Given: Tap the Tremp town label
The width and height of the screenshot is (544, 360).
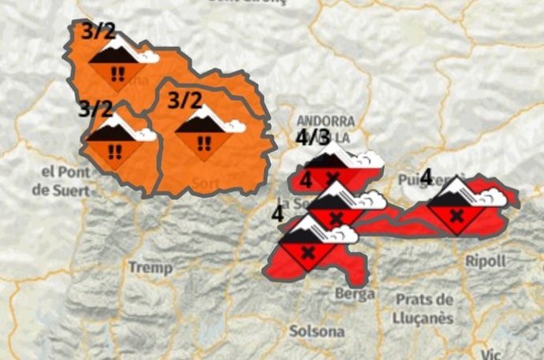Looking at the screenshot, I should [x=150, y=268].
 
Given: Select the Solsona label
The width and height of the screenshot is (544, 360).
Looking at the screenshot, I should [x=317, y=331].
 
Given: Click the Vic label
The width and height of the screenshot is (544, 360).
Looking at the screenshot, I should [x=493, y=354].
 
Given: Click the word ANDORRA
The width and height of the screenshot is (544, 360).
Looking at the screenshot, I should [x=322, y=121].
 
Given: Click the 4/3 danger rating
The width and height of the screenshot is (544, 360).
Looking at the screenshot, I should [x=313, y=137].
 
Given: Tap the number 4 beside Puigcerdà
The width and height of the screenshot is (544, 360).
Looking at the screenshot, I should [x=426, y=176].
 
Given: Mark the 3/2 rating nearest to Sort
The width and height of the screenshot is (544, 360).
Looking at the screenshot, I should [x=185, y=100].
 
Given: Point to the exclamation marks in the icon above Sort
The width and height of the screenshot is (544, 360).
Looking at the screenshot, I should [x=204, y=143].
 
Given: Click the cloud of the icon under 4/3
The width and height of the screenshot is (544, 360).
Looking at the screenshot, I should [x=367, y=160].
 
